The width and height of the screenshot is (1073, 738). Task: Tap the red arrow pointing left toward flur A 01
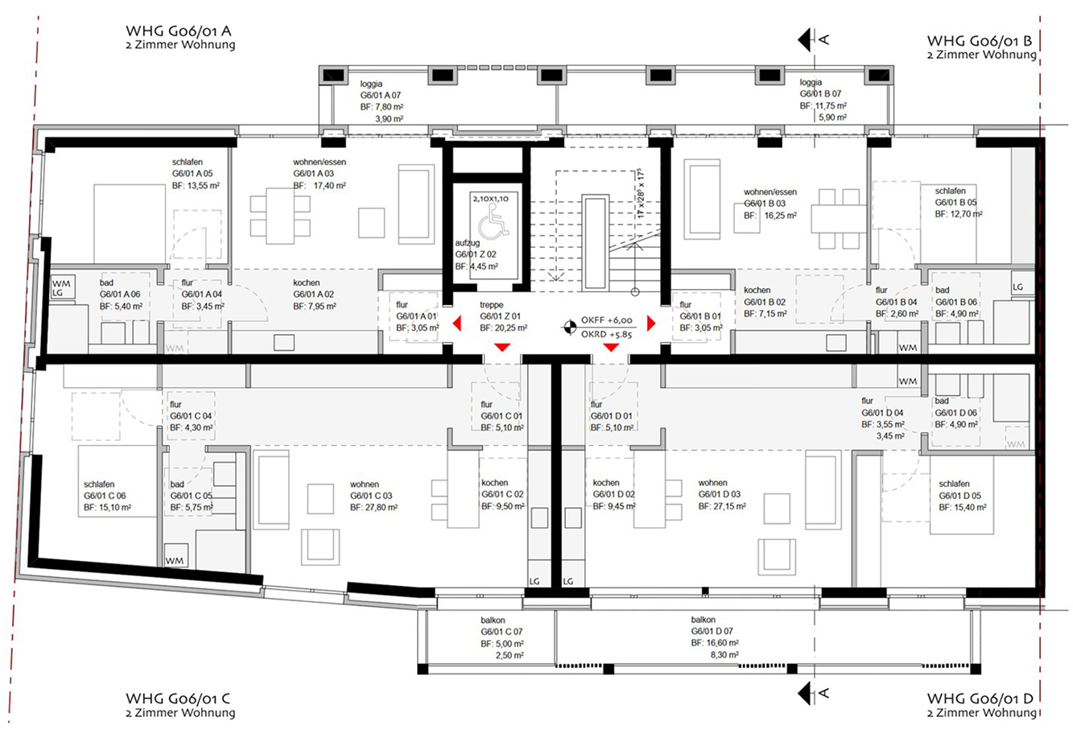(457, 324)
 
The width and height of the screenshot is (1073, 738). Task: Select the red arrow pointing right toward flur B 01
(650, 324)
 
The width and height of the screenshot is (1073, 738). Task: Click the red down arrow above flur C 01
(502, 347)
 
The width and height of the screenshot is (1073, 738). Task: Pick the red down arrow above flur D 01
(611, 347)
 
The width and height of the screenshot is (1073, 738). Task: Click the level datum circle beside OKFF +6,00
(569, 327)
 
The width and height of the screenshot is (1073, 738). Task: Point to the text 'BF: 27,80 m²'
(373, 507)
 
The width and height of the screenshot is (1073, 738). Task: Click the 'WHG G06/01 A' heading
(178, 31)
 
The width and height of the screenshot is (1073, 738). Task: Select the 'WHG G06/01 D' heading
(980, 699)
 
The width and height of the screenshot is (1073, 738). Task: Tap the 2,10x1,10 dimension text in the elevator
(490, 198)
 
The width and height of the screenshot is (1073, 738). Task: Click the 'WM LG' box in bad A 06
(63, 287)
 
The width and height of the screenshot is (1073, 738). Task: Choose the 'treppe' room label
(492, 304)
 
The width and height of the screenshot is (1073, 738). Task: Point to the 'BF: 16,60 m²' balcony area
(715, 643)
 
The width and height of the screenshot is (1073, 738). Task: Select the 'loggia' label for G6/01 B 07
(811, 82)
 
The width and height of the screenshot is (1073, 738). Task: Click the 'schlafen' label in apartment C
(99, 484)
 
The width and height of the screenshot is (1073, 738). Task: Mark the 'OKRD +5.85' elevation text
(606, 334)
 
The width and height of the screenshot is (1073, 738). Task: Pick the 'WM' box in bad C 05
(175, 556)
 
